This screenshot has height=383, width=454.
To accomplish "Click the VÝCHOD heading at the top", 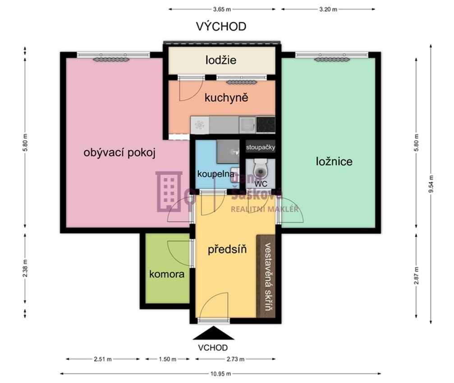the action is (x=221, y=26).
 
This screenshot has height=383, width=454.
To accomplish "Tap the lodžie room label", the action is (x=221, y=60).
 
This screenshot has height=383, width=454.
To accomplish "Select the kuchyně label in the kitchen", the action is (x=226, y=97).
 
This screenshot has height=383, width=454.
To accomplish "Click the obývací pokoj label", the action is (x=119, y=152).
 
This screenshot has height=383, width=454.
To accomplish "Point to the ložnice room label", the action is (x=334, y=161).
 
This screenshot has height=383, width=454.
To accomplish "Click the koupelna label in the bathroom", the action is (x=216, y=174).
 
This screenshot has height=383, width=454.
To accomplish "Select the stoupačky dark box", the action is (x=260, y=147).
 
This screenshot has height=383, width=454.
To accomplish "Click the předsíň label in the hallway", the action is (x=227, y=249).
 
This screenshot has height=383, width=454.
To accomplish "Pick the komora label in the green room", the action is (x=167, y=274).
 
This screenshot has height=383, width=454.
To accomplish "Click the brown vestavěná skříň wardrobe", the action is (x=266, y=276).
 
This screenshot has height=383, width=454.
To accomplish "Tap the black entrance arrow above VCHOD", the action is (x=213, y=333).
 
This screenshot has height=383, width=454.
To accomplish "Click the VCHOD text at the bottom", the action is (x=213, y=347).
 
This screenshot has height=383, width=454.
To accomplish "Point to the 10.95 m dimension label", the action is (x=220, y=374).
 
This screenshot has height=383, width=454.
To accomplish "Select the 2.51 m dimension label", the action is (x=102, y=359).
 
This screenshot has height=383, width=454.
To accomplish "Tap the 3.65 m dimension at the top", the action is (x=222, y=9).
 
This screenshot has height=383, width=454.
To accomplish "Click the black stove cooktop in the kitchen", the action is (x=266, y=125).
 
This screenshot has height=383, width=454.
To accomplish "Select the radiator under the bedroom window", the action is (x=332, y=59).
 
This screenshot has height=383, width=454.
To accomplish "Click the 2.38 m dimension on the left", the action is (x=25, y=268).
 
